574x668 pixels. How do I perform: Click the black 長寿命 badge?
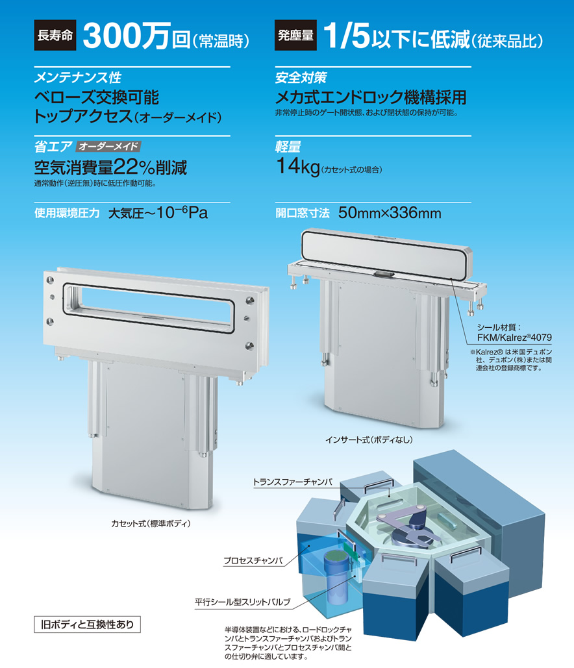55,35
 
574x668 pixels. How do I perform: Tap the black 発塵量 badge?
295,35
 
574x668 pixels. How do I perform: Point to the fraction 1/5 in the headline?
347,36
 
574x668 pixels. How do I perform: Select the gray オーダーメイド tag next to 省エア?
108,147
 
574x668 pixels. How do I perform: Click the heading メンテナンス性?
77,77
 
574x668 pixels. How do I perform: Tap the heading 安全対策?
301,77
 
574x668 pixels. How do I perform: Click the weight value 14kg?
298,166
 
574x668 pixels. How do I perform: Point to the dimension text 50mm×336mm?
390,212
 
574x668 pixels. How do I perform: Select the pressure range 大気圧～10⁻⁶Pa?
158,212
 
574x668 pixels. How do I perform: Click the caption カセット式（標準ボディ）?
151,524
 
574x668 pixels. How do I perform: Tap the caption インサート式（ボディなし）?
369,439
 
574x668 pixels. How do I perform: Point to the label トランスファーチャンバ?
292,482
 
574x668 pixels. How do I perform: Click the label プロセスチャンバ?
253,561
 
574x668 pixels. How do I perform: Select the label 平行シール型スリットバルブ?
242,602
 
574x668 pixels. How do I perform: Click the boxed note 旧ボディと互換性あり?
88,625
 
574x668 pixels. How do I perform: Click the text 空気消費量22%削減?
110,167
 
